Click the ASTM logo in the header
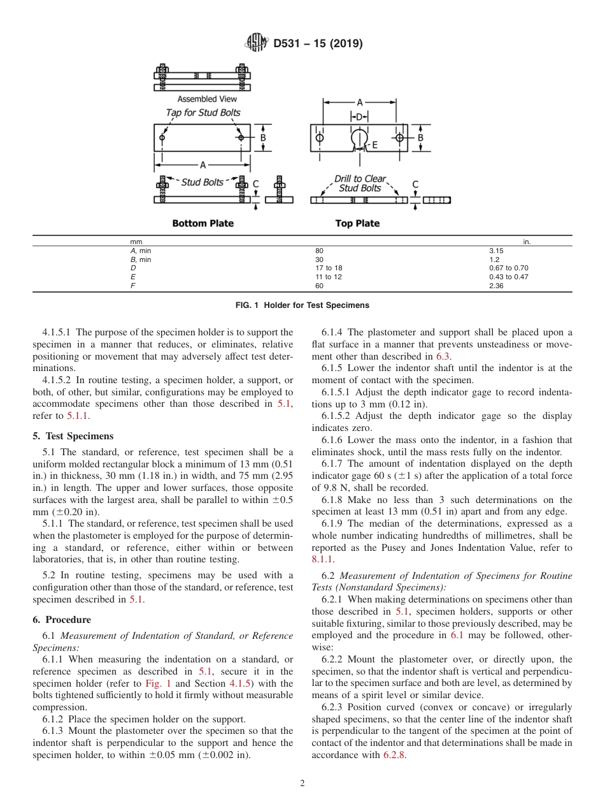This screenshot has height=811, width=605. coord(256,43)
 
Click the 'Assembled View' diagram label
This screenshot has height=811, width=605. coord(207,99)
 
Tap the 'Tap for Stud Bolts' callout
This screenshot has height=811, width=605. coord(203,112)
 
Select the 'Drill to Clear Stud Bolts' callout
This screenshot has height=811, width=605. coord(360,184)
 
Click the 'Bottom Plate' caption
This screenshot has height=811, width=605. coord(203,224)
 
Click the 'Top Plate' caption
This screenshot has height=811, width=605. coord(357,224)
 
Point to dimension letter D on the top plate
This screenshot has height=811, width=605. coord(359,117)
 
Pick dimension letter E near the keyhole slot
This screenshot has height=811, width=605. coord(374,145)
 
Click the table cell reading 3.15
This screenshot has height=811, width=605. coord(496,251)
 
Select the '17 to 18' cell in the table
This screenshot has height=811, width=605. coord(329,268)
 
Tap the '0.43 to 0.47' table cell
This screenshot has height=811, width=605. coord(508,277)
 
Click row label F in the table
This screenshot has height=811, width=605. coord(132,286)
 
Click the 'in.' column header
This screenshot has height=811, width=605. coord(527,242)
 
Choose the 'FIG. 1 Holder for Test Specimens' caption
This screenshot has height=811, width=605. coord(302,305)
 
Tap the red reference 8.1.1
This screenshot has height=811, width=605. coord(322,559)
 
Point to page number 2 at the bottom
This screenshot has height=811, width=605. coord(302,784)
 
